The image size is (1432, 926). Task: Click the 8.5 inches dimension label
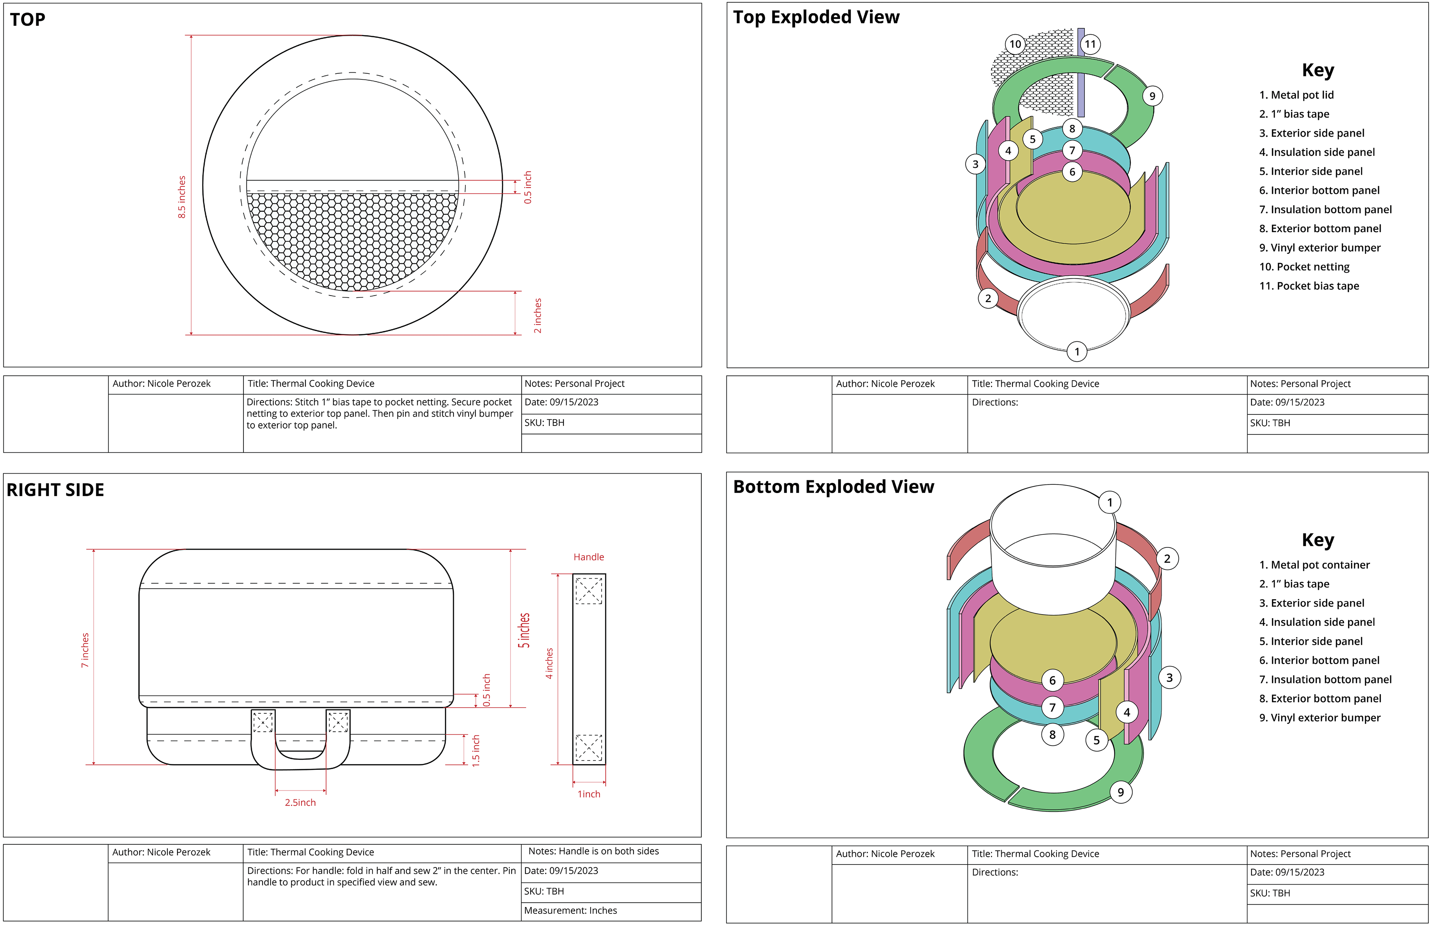pyautogui.click(x=182, y=197)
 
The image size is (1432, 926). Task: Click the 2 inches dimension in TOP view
pyautogui.click(x=537, y=315)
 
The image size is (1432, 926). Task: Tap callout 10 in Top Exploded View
pyautogui.click(x=1015, y=44)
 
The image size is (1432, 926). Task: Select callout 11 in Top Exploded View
pyautogui.click(x=1090, y=44)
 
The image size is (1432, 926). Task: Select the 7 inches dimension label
pyautogui.click(x=85, y=650)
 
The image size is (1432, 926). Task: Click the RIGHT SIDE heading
pyautogui.click(x=55, y=490)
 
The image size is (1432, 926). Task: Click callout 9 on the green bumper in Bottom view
pyautogui.click(x=1120, y=792)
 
